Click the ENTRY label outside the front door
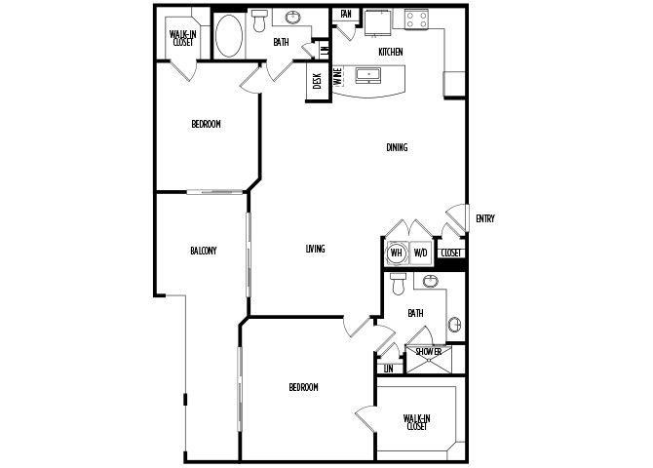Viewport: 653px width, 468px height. pyautogui.click(x=484, y=218)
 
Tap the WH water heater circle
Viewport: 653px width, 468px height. pyautogui.click(x=396, y=253)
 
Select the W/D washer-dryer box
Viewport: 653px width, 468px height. pyautogui.click(x=421, y=253)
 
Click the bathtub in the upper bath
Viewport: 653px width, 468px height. pyautogui.click(x=229, y=36)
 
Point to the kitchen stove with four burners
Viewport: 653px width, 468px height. pyautogui.click(x=416, y=19)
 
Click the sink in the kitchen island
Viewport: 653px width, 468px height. pyautogui.click(x=368, y=75)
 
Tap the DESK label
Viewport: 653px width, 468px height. pyautogui.click(x=317, y=81)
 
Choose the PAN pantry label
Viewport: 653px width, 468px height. pyautogui.click(x=346, y=14)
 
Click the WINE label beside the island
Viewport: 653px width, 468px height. pyautogui.click(x=338, y=77)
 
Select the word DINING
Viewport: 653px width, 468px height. pyautogui.click(x=397, y=147)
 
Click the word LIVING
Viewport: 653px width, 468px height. pyautogui.click(x=315, y=249)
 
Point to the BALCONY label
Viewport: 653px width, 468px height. pyautogui.click(x=204, y=251)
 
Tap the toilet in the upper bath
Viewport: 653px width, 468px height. pyautogui.click(x=259, y=21)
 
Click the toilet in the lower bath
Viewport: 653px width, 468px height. pyautogui.click(x=399, y=284)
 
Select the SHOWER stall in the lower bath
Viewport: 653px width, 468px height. pyautogui.click(x=429, y=359)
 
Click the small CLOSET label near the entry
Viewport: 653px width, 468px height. pyautogui.click(x=451, y=253)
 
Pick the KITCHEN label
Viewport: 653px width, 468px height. pyautogui.click(x=391, y=52)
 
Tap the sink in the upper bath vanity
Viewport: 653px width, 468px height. pyautogui.click(x=293, y=18)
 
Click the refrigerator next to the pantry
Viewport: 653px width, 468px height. pyautogui.click(x=378, y=23)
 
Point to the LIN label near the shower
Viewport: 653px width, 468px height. pyautogui.click(x=389, y=369)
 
